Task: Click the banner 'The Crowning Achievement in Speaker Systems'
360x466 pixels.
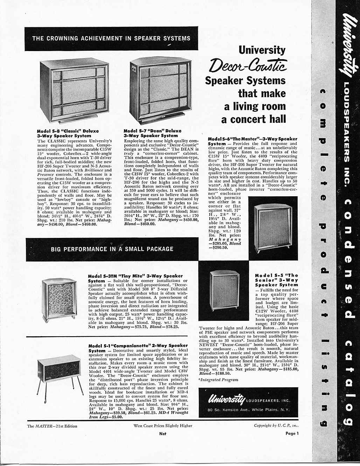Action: tap(111, 38)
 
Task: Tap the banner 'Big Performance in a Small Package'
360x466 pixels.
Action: tap(112, 249)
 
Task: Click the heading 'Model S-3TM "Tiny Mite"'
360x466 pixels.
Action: tap(135, 276)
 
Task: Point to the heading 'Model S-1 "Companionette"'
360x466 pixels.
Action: tap(138, 346)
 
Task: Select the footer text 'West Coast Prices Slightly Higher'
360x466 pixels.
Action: tap(163, 426)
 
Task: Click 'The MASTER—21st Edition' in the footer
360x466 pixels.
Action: tap(52, 426)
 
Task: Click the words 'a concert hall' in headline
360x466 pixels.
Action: tap(254, 119)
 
